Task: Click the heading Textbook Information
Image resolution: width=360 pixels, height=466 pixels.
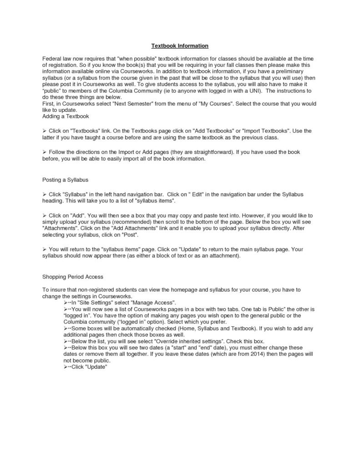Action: tap(180, 46)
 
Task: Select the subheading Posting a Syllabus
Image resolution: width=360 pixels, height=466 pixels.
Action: tap(65, 179)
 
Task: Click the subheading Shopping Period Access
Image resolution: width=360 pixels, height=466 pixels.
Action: tap(73, 276)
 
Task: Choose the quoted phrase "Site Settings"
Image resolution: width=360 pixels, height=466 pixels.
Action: tap(97, 302)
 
